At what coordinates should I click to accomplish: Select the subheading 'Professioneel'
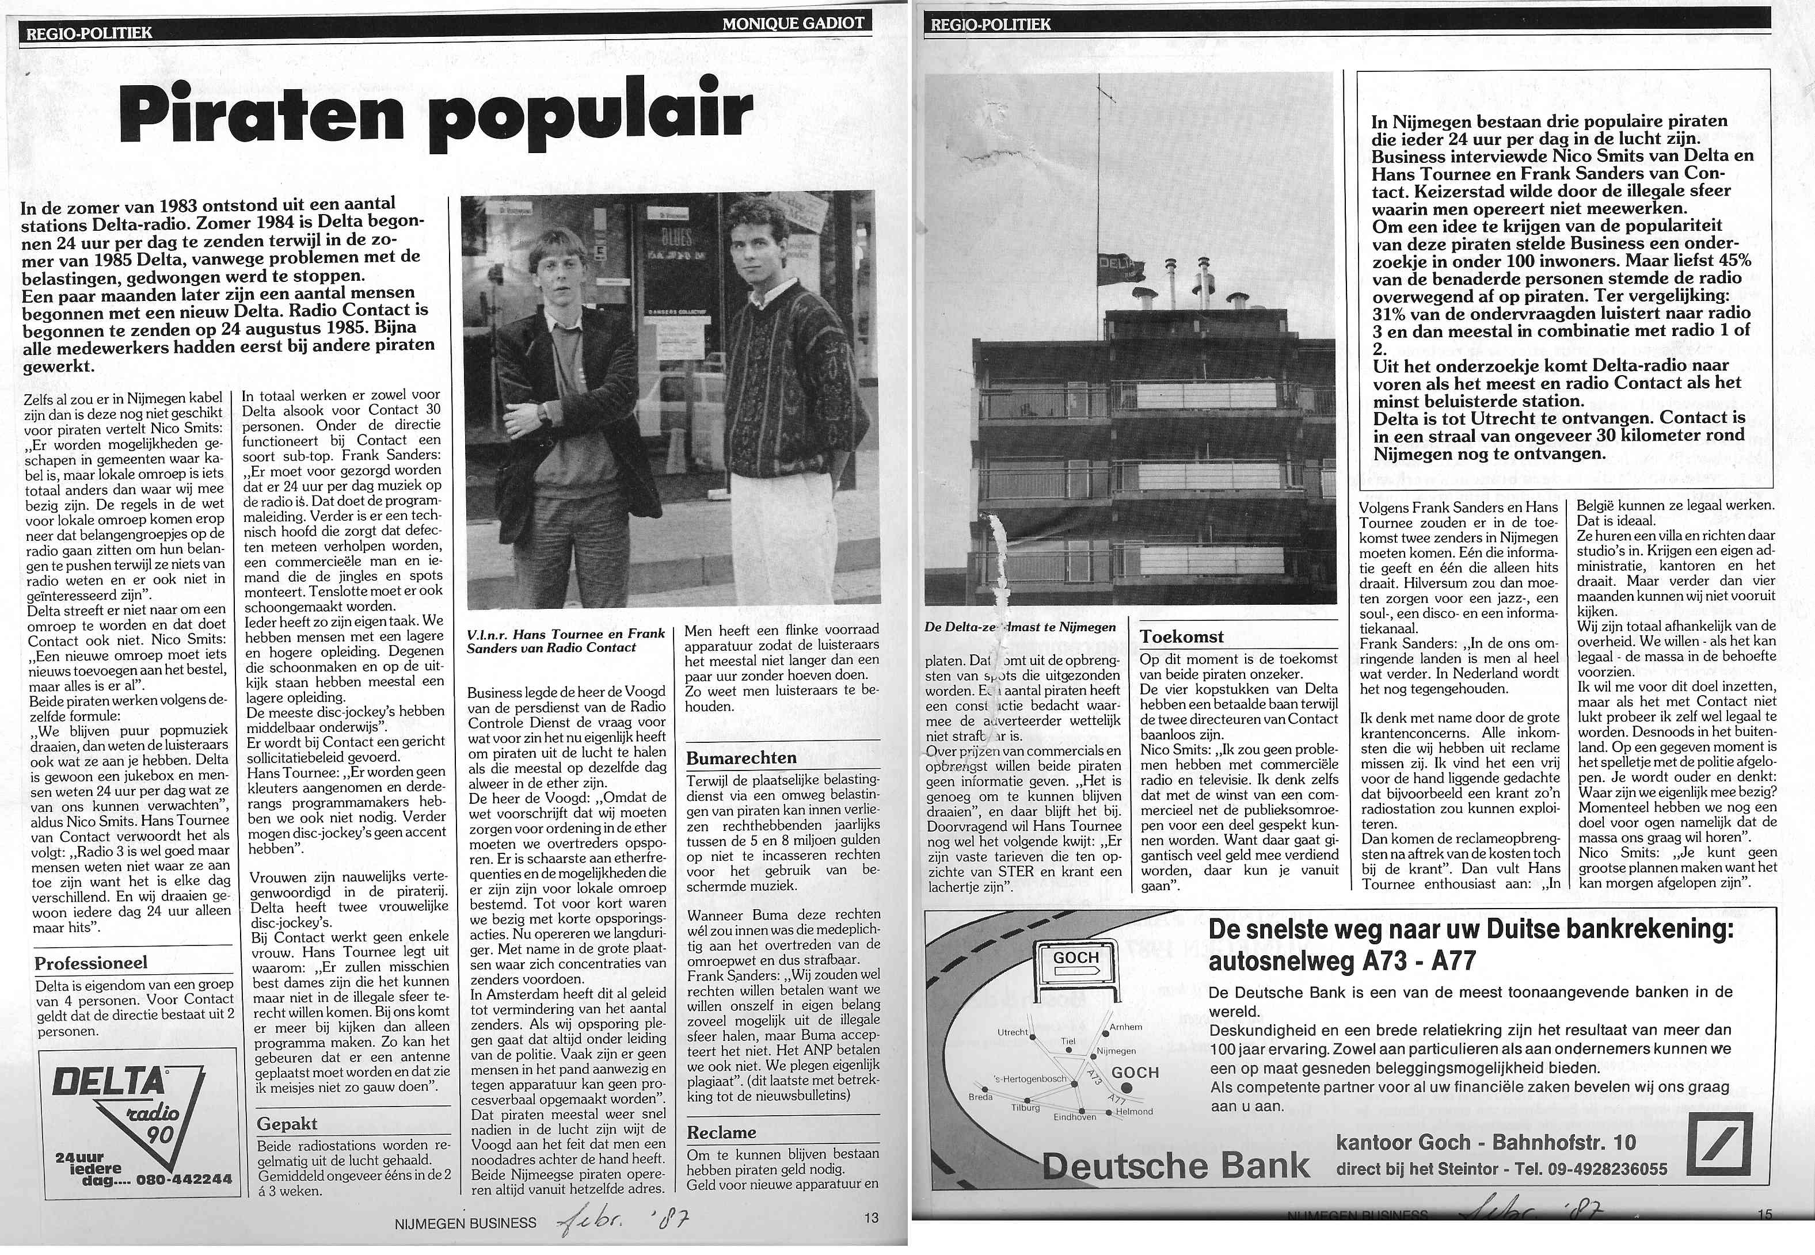pyautogui.click(x=90, y=963)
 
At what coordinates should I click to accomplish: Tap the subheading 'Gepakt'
pyautogui.click(x=287, y=1124)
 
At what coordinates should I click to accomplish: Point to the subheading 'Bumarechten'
pyautogui.click(x=741, y=758)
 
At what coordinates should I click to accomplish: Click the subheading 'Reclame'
pyautogui.click(x=721, y=1132)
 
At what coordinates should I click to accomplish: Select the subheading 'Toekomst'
pyautogui.click(x=1182, y=637)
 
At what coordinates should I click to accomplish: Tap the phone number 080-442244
pyautogui.click(x=184, y=1180)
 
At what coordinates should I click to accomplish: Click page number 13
pyautogui.click(x=870, y=1218)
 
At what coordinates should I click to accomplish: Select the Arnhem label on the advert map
pyautogui.click(x=1125, y=1027)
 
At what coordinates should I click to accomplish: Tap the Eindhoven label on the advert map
pyautogui.click(x=1074, y=1116)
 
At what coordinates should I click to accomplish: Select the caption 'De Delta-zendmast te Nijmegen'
pyautogui.click(x=1020, y=627)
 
